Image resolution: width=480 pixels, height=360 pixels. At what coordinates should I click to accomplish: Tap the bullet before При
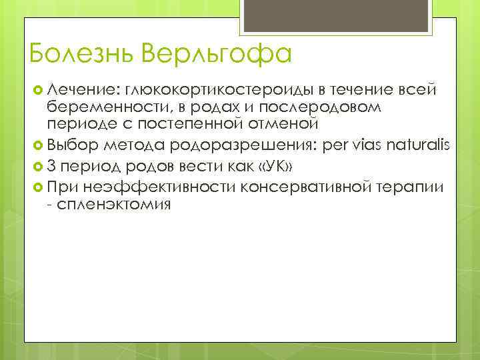click(x=37, y=189)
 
